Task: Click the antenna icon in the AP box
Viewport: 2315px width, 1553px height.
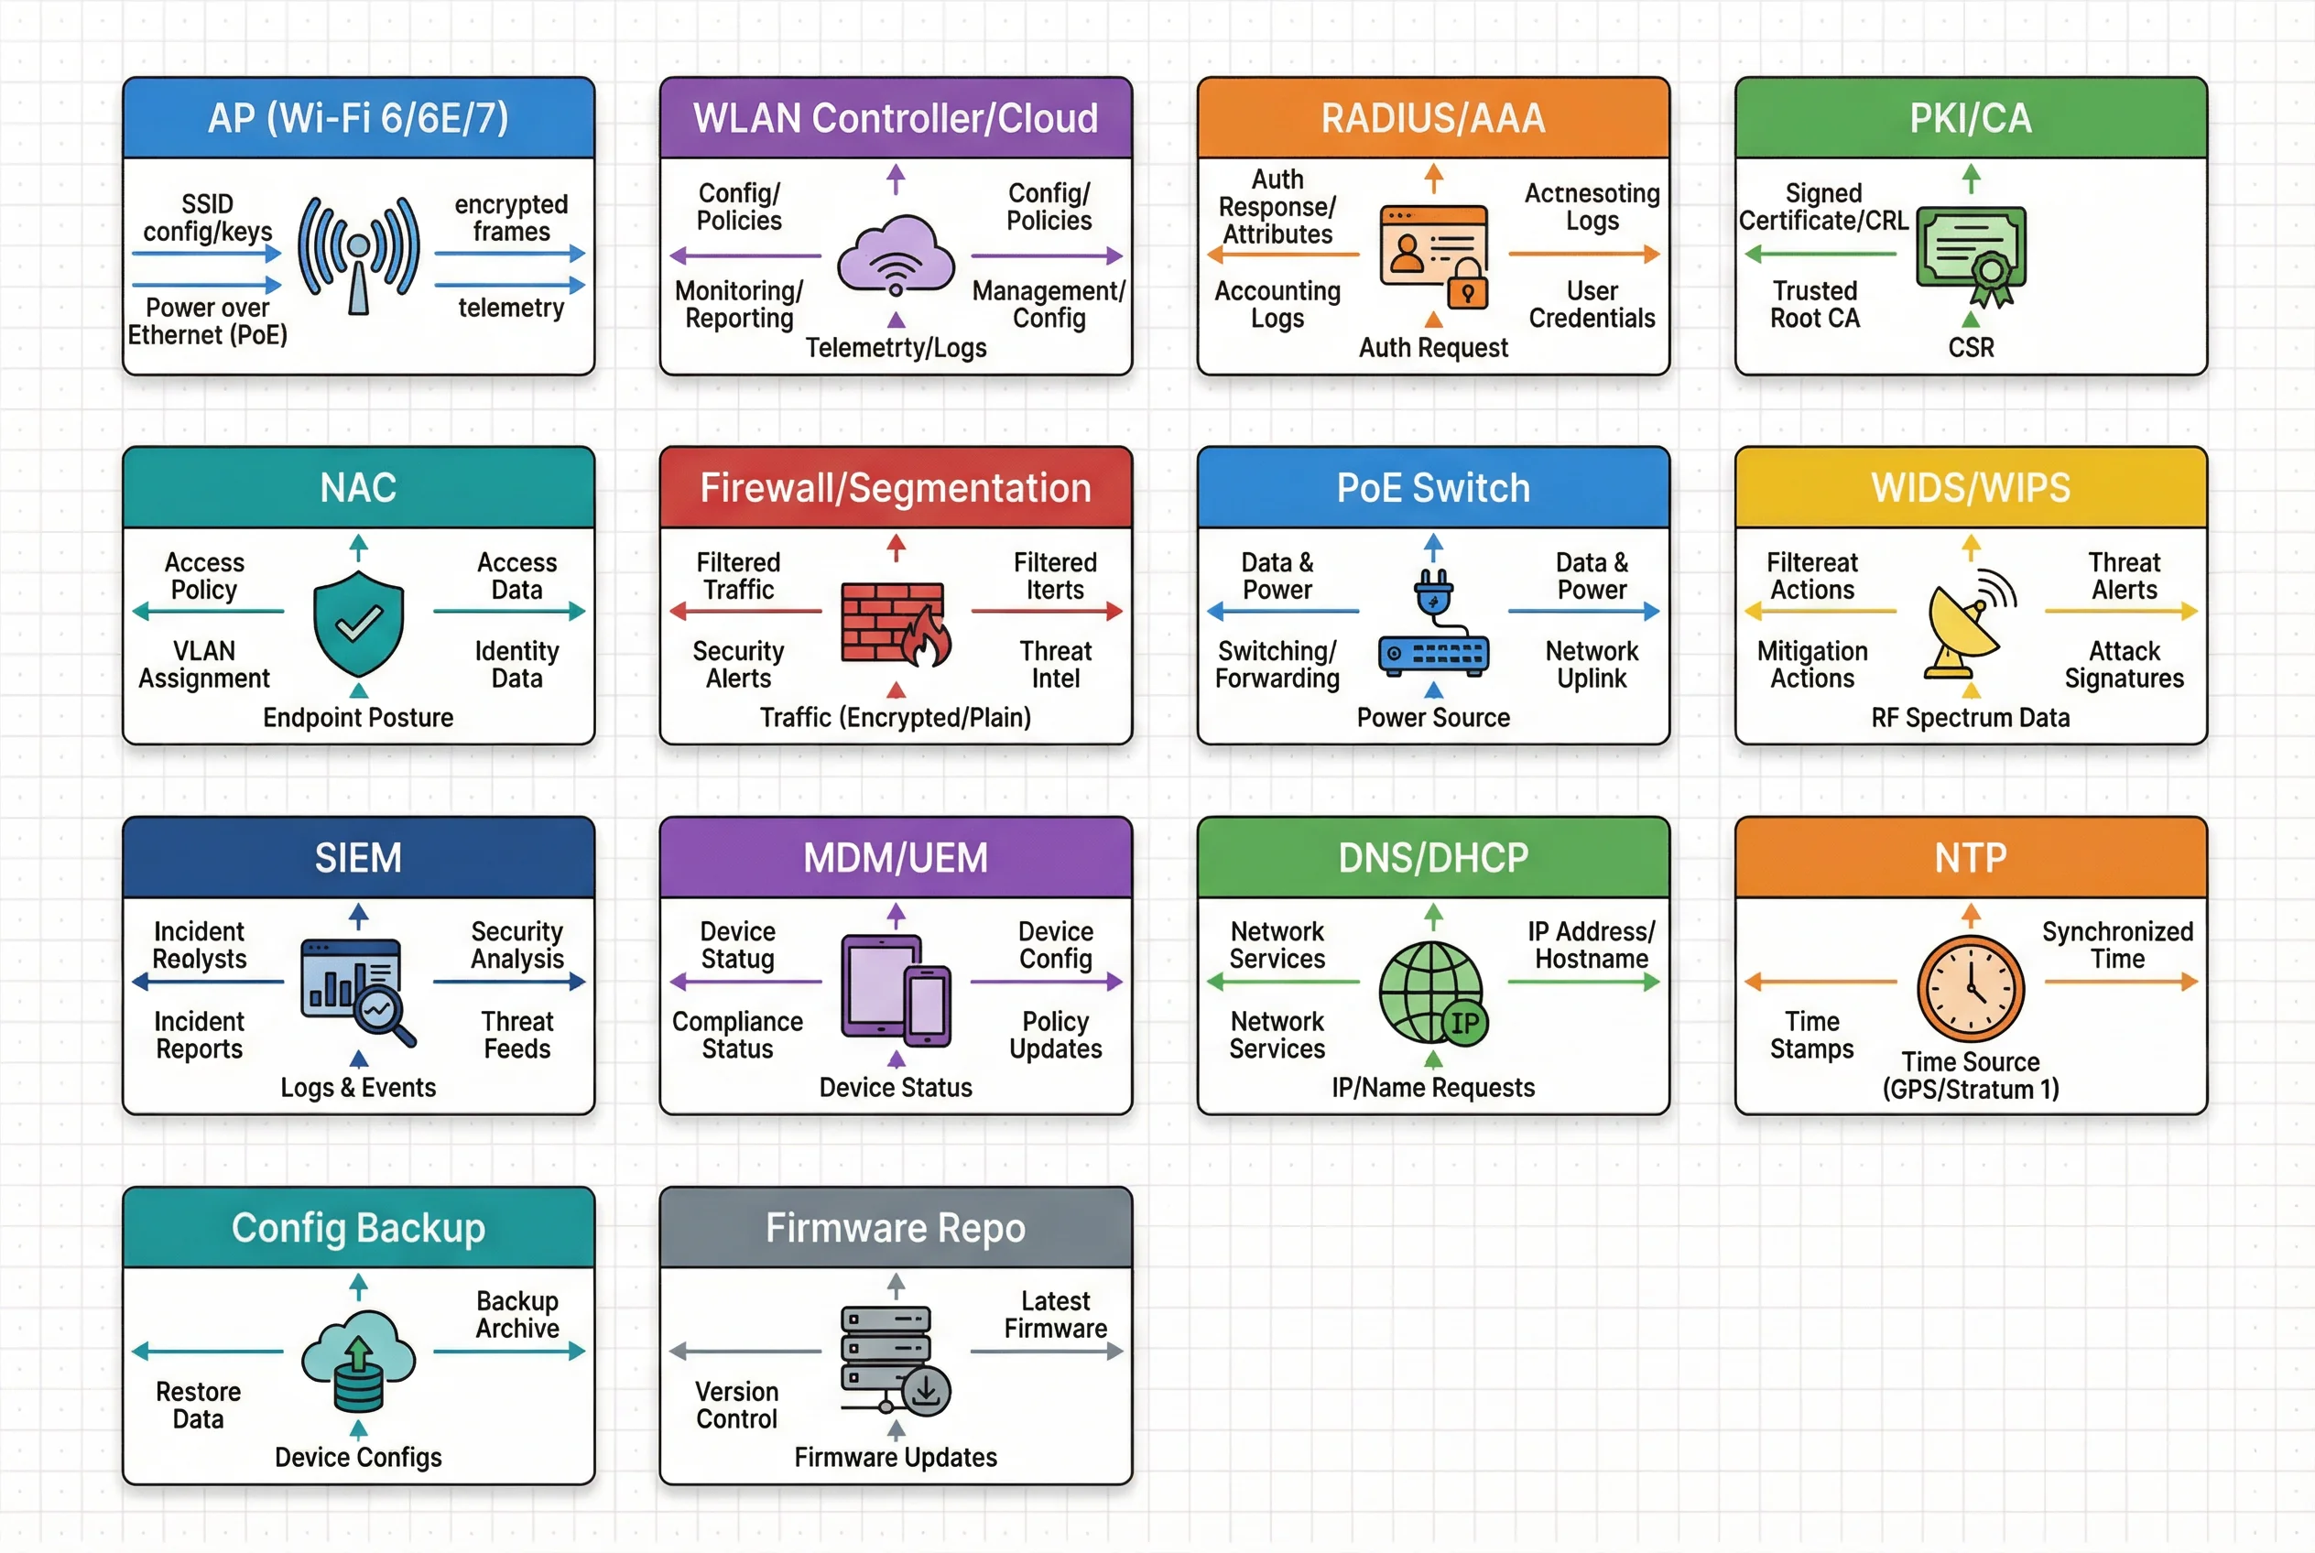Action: click(x=359, y=255)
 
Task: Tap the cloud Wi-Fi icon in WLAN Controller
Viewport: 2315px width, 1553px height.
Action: click(x=896, y=255)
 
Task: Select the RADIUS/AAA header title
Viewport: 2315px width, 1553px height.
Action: click(x=1432, y=118)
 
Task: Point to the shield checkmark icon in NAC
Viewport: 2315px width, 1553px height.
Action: click(x=359, y=623)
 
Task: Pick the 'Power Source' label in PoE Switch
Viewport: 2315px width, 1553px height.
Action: click(x=1432, y=717)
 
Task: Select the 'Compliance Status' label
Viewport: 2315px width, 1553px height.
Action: click(x=737, y=1035)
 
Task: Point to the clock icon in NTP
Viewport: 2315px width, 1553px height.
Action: click(x=1972, y=988)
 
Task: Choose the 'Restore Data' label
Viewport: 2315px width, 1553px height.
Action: click(x=198, y=1405)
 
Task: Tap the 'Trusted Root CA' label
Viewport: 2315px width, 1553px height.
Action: click(x=1815, y=304)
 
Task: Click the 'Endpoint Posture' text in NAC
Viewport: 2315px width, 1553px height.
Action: click(x=358, y=717)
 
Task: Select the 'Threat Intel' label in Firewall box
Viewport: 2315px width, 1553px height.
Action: click(x=1055, y=665)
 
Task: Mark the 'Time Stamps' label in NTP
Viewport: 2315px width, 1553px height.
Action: click(x=1811, y=1035)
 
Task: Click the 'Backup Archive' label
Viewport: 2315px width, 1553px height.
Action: click(x=517, y=1314)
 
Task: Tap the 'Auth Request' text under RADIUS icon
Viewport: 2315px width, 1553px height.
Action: click(x=1432, y=348)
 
